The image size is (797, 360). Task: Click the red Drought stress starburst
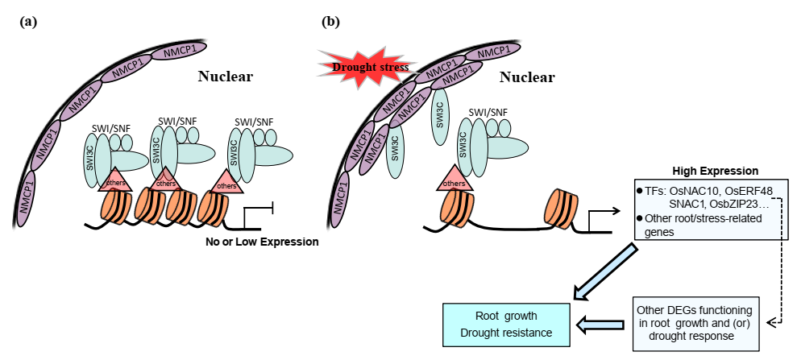[364, 67]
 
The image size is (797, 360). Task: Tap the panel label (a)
[28, 22]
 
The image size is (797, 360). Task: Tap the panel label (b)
[331, 22]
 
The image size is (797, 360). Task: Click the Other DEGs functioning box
[695, 324]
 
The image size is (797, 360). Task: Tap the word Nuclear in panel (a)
[226, 77]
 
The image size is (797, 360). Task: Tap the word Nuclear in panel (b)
[527, 77]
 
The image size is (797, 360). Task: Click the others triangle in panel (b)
[455, 180]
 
